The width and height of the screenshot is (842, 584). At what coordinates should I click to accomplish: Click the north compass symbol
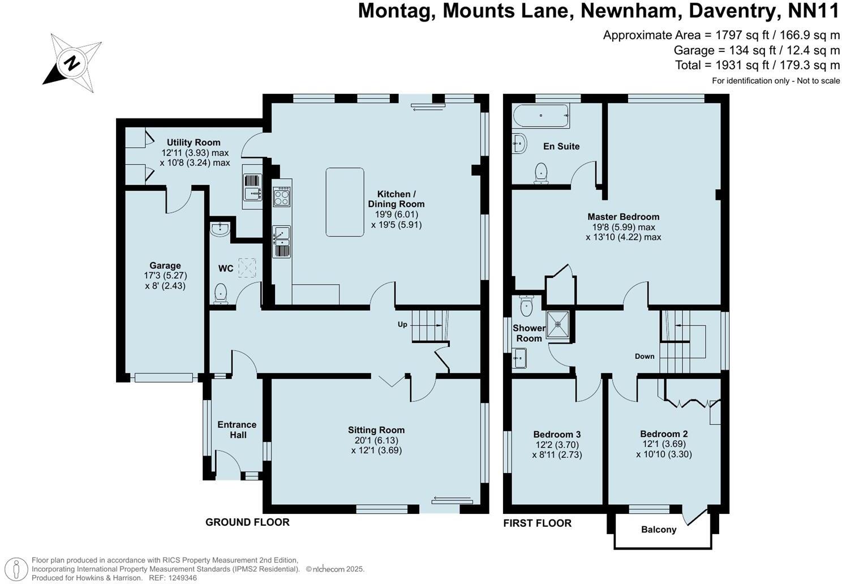tap(72, 63)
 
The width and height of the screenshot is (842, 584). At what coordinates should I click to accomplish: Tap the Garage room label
tap(165, 265)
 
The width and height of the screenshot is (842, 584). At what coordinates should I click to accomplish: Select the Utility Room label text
tap(194, 143)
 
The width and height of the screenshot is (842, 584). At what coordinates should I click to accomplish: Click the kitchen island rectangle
tap(345, 202)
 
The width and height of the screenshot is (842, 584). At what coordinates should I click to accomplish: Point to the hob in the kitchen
tap(282, 196)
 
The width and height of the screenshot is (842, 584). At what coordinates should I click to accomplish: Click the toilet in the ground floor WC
tap(221, 294)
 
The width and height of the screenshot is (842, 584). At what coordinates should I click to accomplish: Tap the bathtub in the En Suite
tap(541, 116)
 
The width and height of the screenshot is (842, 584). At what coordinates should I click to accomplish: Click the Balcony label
tap(659, 530)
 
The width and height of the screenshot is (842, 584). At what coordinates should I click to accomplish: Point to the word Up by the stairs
tap(402, 325)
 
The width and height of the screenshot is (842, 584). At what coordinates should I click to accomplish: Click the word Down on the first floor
tap(645, 356)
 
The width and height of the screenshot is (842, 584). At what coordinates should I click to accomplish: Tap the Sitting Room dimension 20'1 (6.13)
tap(376, 440)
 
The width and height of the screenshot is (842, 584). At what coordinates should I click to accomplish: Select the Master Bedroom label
tap(623, 217)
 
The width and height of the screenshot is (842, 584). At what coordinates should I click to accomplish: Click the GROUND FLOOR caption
tap(247, 522)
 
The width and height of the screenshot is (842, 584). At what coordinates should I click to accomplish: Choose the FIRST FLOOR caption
tap(537, 523)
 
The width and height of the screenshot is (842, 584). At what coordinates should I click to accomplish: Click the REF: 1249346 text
tap(173, 578)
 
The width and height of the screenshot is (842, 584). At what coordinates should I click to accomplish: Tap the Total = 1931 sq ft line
tap(757, 65)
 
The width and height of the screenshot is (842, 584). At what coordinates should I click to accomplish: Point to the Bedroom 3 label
tap(557, 435)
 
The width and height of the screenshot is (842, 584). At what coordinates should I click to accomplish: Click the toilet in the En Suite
tap(542, 173)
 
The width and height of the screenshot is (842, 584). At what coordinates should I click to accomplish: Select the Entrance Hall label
tap(237, 430)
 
